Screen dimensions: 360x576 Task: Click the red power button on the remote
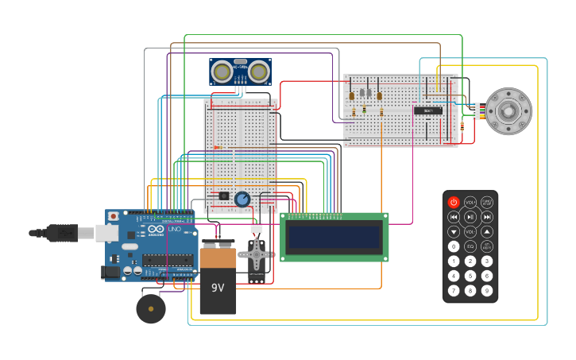pos(454,203)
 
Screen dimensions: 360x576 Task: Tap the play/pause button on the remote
pos(470,217)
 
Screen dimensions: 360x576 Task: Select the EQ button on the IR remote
pos(470,246)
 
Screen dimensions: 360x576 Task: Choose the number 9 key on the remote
pos(487,290)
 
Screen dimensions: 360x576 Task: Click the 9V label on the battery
pos(218,287)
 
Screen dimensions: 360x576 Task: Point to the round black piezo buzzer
pos(151,308)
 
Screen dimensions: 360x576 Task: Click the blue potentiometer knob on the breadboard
pos(242,199)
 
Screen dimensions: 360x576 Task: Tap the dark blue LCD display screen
pos(334,237)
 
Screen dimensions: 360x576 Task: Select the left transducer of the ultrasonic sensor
pos(223,72)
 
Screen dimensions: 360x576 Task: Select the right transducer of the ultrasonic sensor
pos(258,72)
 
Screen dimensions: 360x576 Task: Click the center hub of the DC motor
pos(508,111)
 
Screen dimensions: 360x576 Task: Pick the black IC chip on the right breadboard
pos(428,110)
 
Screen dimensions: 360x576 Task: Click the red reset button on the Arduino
pos(114,216)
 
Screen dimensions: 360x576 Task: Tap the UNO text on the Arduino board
pos(174,229)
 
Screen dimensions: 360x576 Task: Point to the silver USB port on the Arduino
pos(106,233)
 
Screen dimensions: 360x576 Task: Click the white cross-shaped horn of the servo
pos(257,255)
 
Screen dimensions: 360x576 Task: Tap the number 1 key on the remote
pos(454,261)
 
